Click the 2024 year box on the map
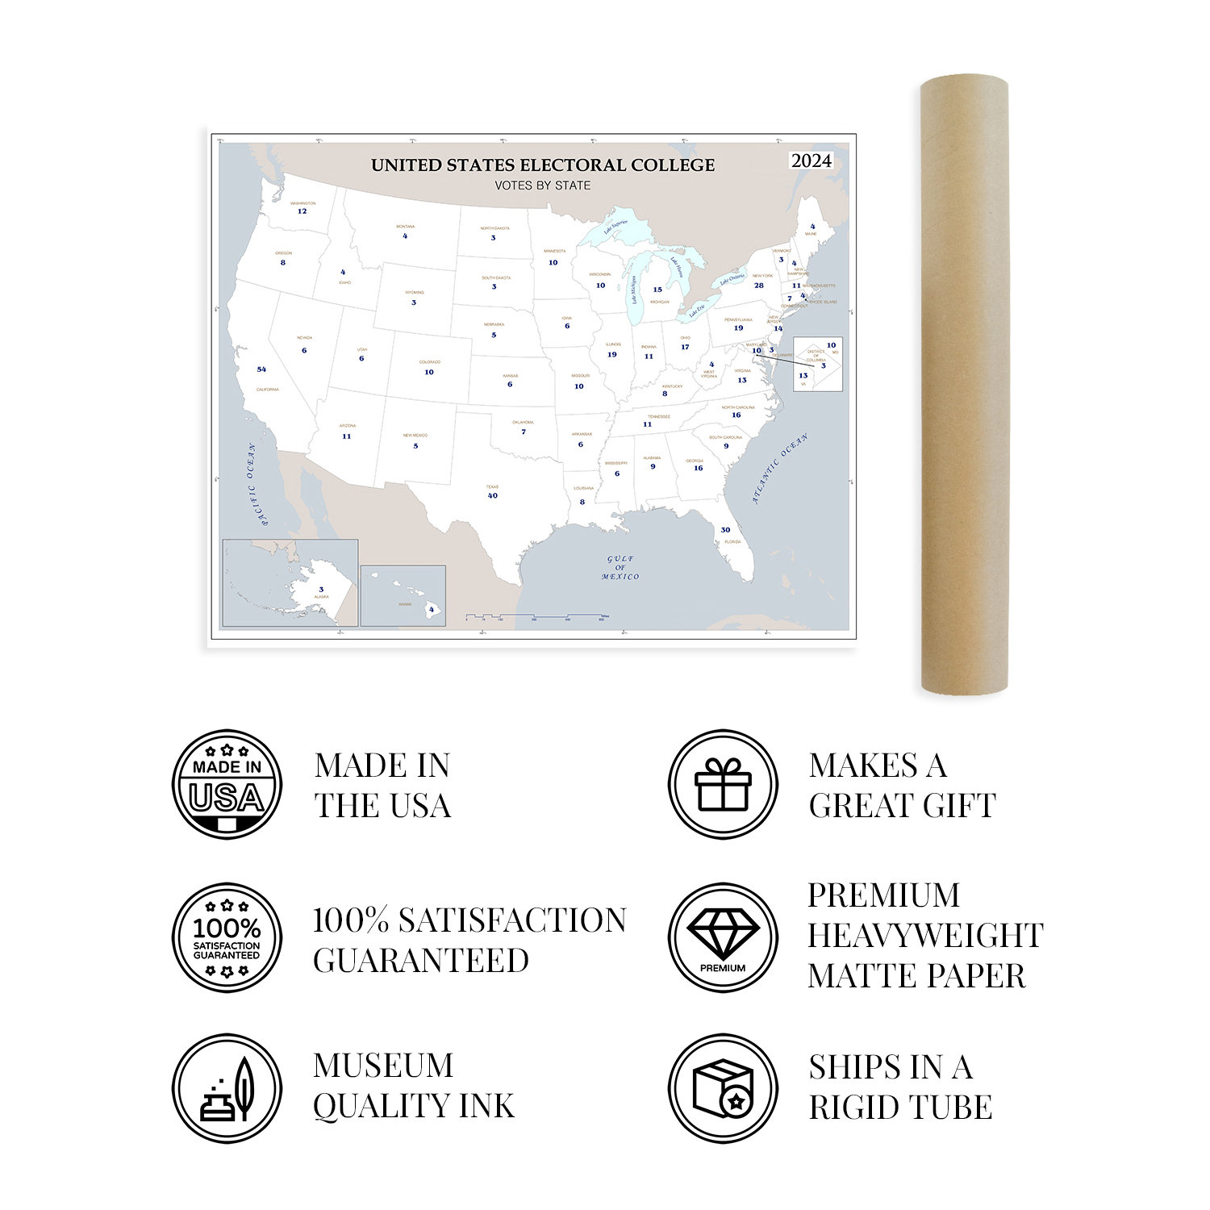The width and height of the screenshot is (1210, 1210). coord(811,161)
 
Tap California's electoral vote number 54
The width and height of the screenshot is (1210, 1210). coord(261,369)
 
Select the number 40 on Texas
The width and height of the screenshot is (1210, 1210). coord(493,495)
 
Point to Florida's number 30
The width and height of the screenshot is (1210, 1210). coord(725,530)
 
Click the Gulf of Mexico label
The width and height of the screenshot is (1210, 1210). coord(620,568)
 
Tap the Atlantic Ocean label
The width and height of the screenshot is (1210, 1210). coord(779,469)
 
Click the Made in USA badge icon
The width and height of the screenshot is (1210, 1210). coord(227,785)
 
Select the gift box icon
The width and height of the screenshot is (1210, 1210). coord(723,785)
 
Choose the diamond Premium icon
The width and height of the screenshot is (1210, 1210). coord(723,937)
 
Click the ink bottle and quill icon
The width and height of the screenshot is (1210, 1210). coord(227,1089)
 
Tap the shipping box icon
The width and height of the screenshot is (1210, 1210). coord(723,1089)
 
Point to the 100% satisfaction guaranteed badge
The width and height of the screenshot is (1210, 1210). coord(227,937)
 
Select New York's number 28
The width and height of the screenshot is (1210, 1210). coord(758,286)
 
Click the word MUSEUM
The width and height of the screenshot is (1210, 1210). coord(383,1066)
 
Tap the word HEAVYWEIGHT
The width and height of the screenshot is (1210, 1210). coord(925,936)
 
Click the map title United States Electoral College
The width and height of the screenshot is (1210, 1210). coord(543,165)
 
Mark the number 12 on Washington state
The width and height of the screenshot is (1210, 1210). coord(302,211)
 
